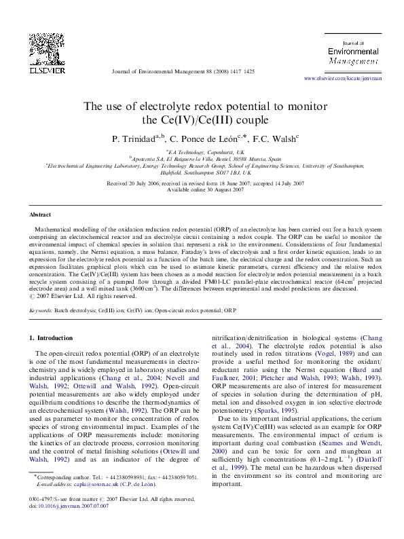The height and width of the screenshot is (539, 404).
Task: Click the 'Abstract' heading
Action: point(41,214)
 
